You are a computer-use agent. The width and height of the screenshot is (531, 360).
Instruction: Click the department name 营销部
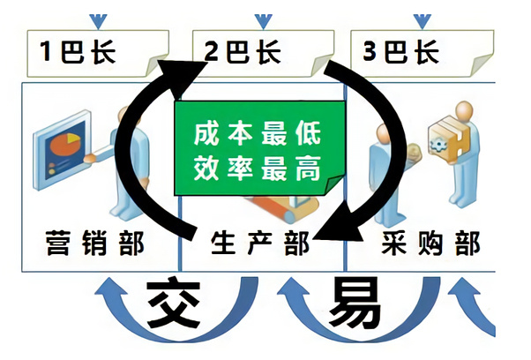point(93,241)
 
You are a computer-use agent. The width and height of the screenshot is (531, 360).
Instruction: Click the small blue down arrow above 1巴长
point(98,18)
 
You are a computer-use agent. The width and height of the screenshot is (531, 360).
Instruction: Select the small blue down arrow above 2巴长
point(262,18)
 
